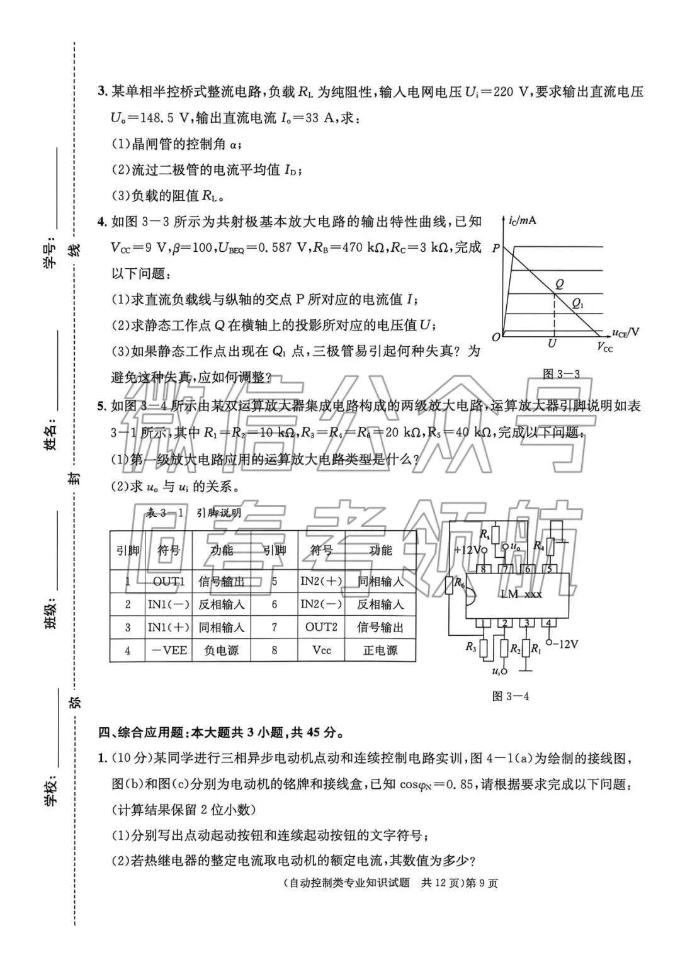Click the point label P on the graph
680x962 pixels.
pos(496,249)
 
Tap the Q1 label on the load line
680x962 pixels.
pos(577,303)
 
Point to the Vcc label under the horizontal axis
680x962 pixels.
pos(604,347)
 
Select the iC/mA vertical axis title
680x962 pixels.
pos(522,220)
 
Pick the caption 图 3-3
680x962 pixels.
pos(561,374)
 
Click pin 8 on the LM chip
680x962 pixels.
pos(484,569)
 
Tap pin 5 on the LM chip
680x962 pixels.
pos(549,569)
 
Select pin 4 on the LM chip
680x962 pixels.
pos(549,623)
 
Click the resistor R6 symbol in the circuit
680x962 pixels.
pos(450,586)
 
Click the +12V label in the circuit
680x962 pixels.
pos(470,549)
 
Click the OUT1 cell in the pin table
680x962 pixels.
pos(168,581)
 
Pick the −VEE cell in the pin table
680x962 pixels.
pos(168,650)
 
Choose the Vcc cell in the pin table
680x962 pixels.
pos(321,650)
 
